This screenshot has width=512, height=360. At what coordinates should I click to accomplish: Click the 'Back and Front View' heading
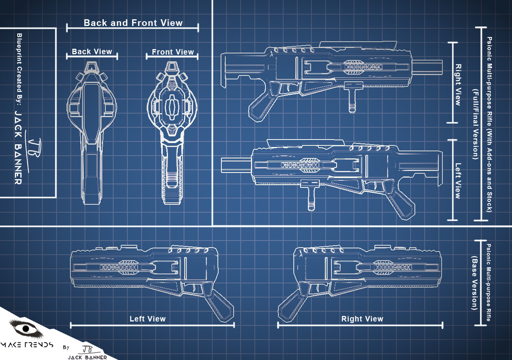coord(133,23)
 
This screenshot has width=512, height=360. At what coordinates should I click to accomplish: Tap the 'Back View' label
coord(92,51)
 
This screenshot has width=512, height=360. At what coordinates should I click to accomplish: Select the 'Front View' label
coord(173,52)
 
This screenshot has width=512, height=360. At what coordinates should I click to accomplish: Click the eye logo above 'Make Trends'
coord(26,328)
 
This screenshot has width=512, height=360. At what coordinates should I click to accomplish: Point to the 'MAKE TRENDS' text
coord(27,345)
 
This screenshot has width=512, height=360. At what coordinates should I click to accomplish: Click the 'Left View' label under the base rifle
coord(147,319)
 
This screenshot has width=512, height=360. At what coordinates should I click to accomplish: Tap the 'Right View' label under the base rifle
coord(362,319)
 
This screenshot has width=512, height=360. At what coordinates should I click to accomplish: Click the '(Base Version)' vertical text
coord(474,283)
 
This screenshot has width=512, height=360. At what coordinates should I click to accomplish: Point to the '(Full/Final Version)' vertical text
coord(475,124)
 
